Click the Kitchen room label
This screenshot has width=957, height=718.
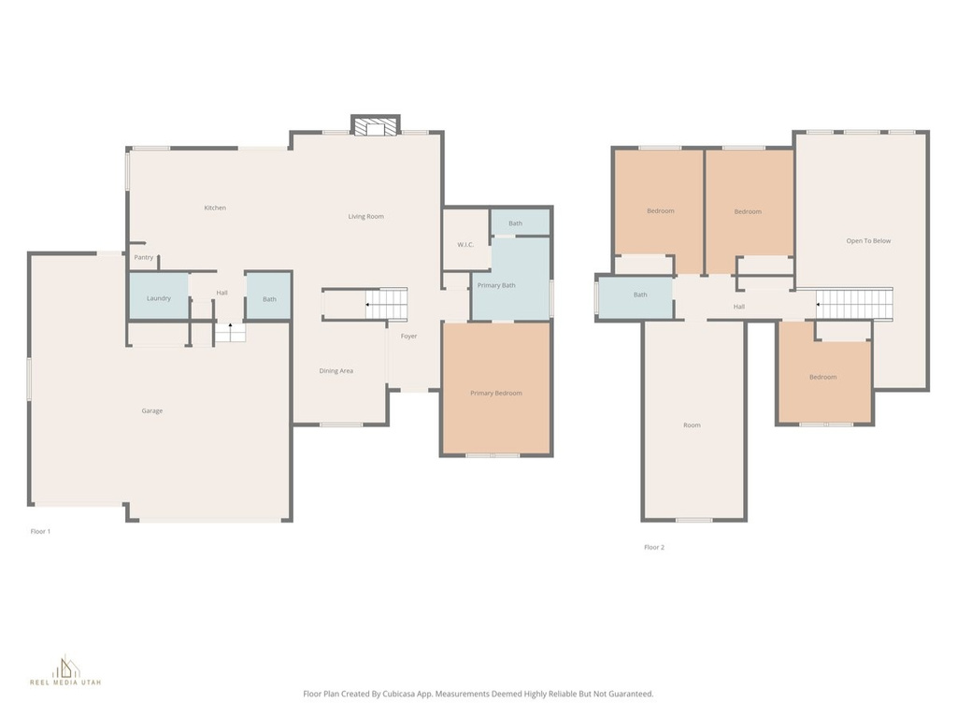point(215,208)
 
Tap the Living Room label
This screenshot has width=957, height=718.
point(366,217)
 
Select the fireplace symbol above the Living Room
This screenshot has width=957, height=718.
point(376,126)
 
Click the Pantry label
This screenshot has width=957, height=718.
point(143,257)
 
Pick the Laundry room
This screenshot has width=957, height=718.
point(158,297)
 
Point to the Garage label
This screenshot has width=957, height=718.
point(152,410)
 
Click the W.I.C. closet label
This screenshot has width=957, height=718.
point(466,245)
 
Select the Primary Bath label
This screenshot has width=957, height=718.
point(496,285)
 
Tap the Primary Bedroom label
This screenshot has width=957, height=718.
point(495,393)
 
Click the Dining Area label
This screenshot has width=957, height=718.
point(336,371)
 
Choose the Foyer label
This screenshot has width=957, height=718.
point(409,336)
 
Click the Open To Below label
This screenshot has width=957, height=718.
point(868,241)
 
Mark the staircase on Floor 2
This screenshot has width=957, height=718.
point(854,304)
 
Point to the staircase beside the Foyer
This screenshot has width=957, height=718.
point(386,305)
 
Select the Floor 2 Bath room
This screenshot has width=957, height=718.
point(639,295)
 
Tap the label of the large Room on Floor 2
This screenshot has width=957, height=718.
point(692,425)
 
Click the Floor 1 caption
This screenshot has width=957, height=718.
point(40,531)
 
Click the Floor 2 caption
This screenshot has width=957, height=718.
point(654,547)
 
